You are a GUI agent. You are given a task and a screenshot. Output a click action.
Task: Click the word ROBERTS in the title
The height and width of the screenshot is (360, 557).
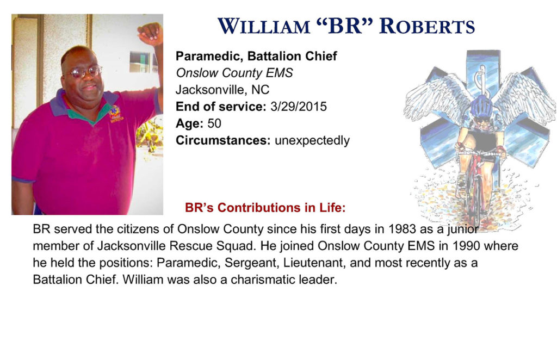[x=426, y=26]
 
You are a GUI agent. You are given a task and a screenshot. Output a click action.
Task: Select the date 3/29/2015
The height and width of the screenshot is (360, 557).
[x=299, y=107]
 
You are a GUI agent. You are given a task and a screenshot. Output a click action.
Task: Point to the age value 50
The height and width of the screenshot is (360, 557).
[x=214, y=123]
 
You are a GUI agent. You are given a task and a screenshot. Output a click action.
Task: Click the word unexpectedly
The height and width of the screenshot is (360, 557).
[x=312, y=141]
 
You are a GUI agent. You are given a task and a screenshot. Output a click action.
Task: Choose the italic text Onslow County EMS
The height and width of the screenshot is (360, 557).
[x=234, y=73]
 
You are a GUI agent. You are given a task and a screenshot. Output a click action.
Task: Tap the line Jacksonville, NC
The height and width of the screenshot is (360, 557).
[x=222, y=90]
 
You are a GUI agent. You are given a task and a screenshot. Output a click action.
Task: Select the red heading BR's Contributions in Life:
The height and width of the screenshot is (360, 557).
[x=265, y=207]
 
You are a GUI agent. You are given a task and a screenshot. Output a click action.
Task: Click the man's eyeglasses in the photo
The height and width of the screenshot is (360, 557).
[x=83, y=72]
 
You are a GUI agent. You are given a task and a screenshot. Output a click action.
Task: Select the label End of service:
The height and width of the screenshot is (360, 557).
[x=221, y=107]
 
